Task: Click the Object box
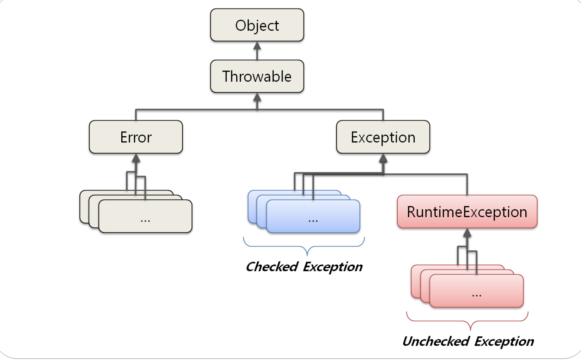pos(257,25)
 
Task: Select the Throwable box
pos(257,76)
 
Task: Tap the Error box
pos(136,137)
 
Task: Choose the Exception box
pos(383,137)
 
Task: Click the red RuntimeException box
pos(467,212)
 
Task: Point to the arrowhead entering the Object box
pos(257,46)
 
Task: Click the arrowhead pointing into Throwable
pos(257,97)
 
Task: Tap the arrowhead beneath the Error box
pos(136,158)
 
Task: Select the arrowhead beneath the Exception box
pos(383,158)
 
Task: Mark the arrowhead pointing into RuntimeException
pos(467,233)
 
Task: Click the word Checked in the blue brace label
pos(272,267)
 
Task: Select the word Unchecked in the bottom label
pos(436,341)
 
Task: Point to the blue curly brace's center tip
pos(307,255)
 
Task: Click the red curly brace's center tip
pos(470,330)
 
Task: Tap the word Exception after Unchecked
pos(504,342)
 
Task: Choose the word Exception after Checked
pos(333,267)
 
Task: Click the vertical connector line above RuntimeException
pos(467,184)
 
